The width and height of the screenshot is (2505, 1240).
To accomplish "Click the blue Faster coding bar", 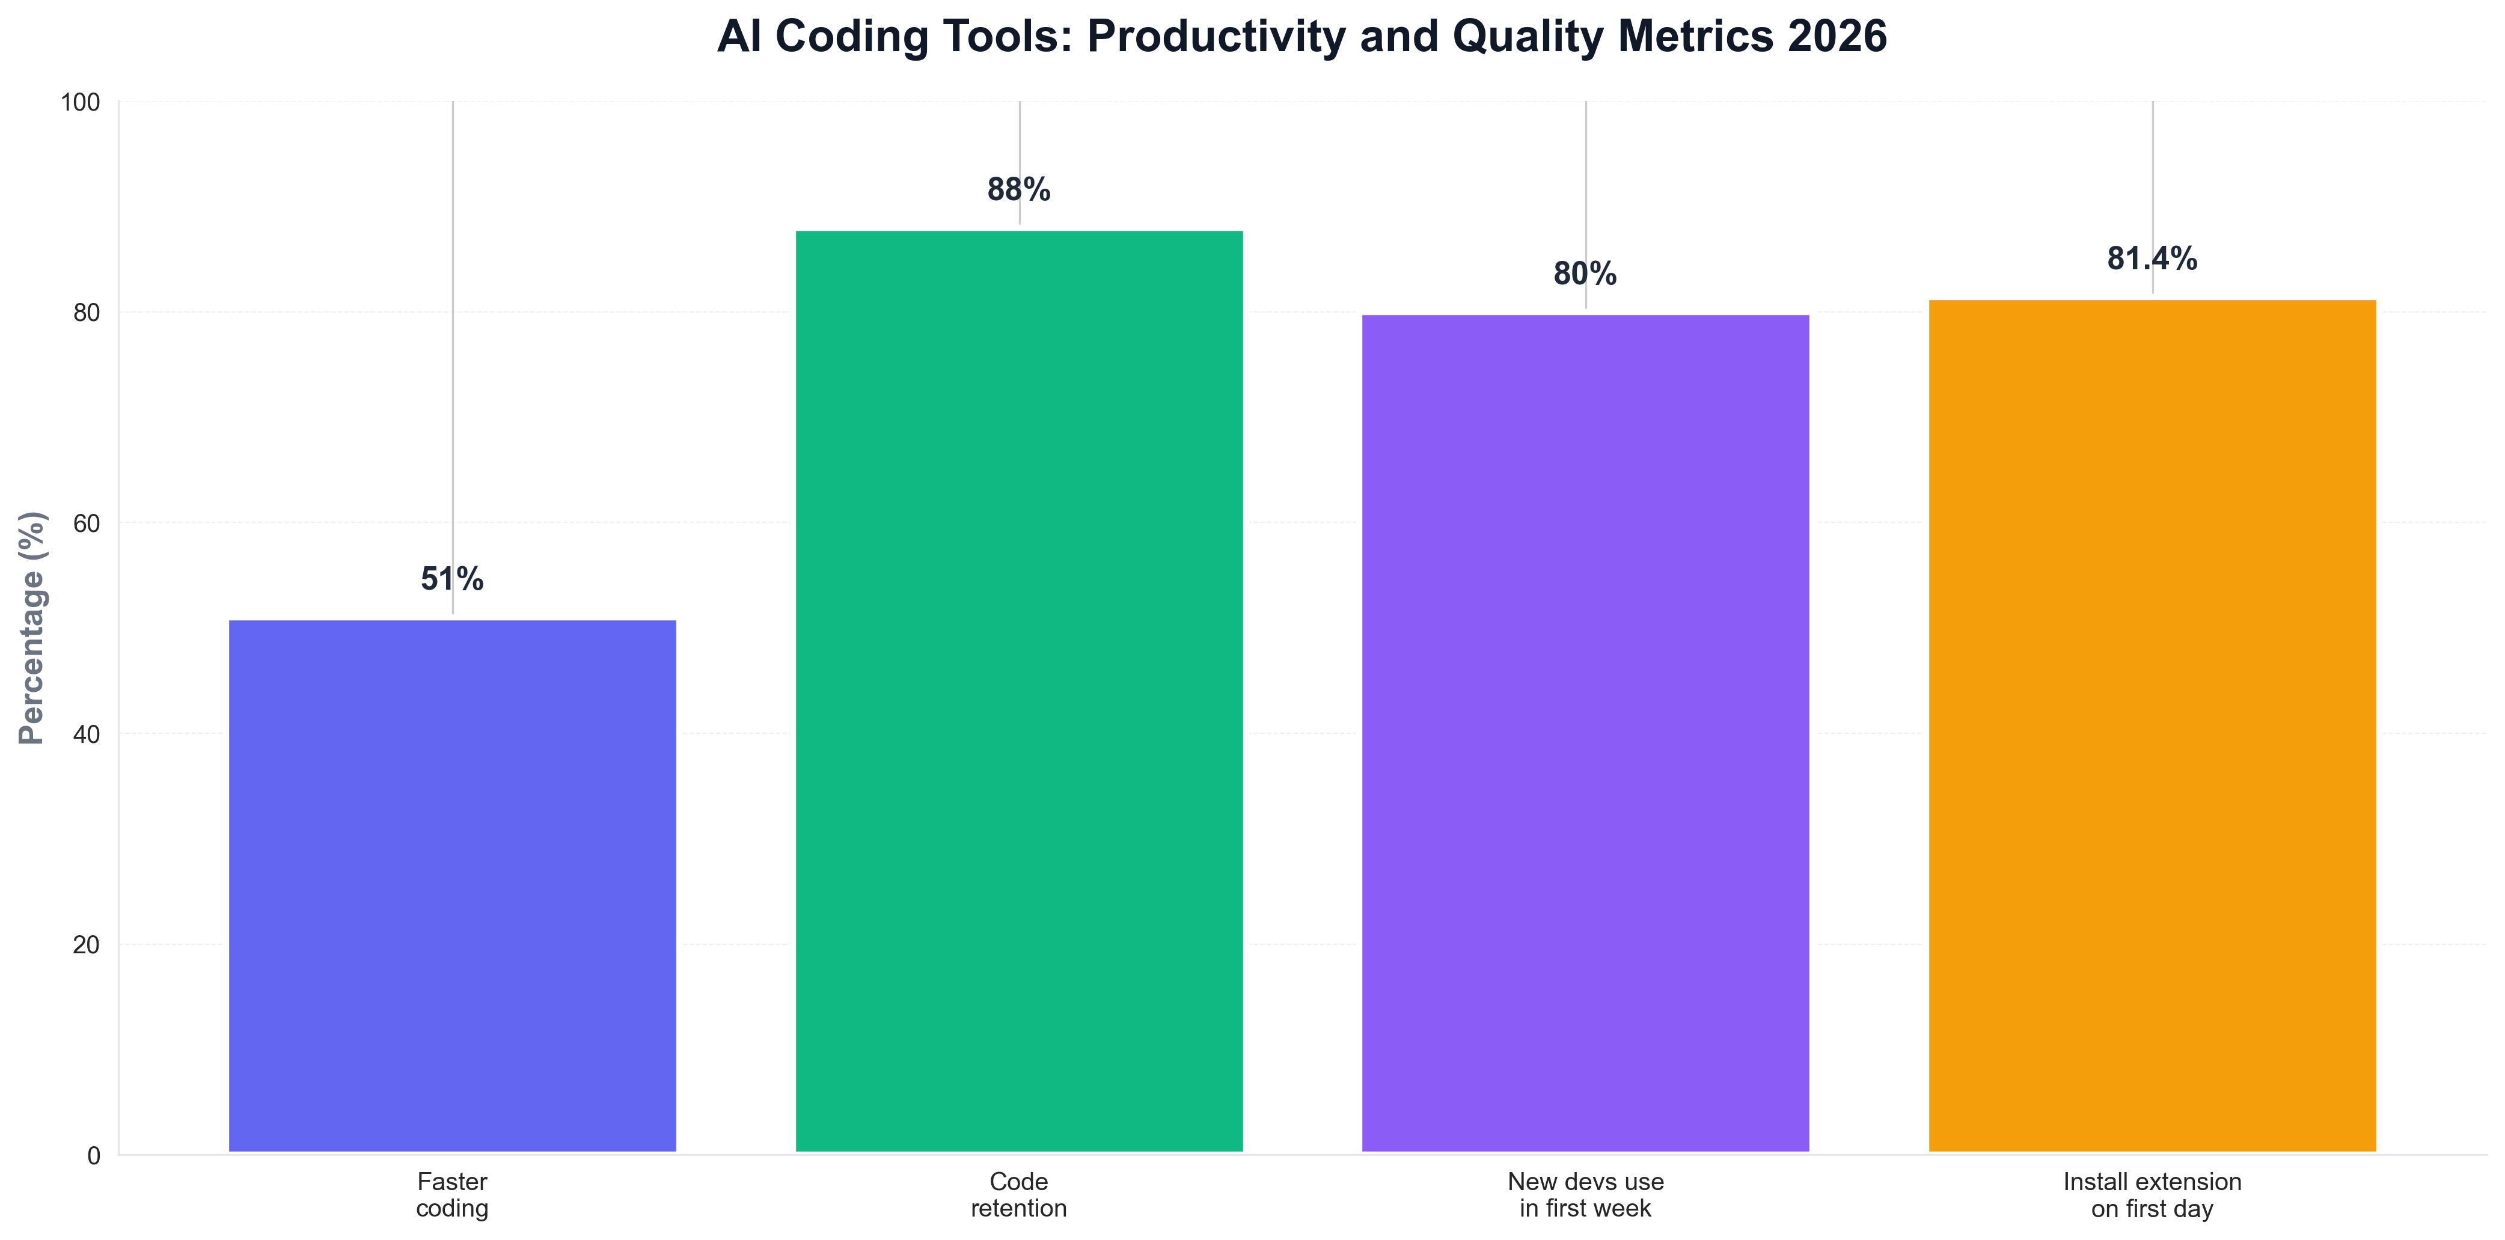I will (x=452, y=885).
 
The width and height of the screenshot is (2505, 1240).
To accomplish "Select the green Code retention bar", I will (x=1019, y=691).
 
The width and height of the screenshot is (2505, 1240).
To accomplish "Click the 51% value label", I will (x=452, y=579).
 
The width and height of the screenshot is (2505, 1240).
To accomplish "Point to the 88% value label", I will (x=1019, y=190).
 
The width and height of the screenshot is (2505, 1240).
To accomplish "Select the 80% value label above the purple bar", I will (x=1585, y=274).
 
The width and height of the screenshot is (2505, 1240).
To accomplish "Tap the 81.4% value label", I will (x=2152, y=258).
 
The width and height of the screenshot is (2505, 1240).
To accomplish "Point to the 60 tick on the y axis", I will (x=87, y=524).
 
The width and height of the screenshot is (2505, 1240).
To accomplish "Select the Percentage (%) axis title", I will (x=32, y=628).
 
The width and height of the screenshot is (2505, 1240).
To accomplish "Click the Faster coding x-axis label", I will (x=452, y=1196).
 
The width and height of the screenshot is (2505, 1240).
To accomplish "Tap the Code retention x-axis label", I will (x=1019, y=1196).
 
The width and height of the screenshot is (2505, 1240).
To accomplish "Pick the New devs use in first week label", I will (x=1585, y=1196).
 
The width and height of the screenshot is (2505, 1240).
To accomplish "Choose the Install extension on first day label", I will (x=2152, y=1196).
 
